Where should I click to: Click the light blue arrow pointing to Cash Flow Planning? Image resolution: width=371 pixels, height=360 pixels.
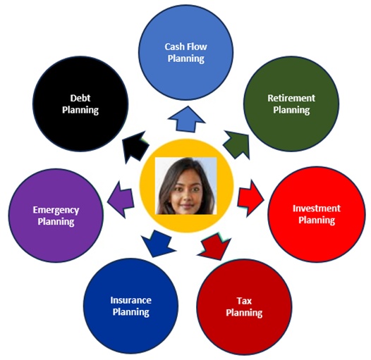pyautogui.click(x=186, y=120)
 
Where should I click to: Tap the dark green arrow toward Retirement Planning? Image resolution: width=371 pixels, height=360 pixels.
pyautogui.click(x=237, y=144)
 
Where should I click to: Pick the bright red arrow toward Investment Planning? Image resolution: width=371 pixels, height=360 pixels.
pyautogui.click(x=251, y=199)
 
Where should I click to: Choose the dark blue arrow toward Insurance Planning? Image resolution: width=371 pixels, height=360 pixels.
pyautogui.click(x=157, y=244)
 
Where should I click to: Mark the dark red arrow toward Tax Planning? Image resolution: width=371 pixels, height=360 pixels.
pyautogui.click(x=214, y=247)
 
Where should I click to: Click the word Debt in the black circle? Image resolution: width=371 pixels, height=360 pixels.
pyautogui.click(x=80, y=98)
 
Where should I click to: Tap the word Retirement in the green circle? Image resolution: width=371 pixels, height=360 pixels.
pyautogui.click(x=291, y=98)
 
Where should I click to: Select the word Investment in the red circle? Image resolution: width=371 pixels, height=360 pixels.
pyautogui.click(x=317, y=209)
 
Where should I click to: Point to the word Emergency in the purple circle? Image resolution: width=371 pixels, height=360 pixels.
pyautogui.click(x=56, y=210)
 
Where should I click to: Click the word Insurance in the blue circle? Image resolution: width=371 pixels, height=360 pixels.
pyautogui.click(x=131, y=300)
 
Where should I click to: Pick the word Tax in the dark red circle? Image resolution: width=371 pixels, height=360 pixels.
pyautogui.click(x=244, y=301)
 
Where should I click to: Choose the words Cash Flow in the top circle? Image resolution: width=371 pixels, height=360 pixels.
pyautogui.click(x=186, y=46)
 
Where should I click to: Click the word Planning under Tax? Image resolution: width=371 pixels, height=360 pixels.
pyautogui.click(x=244, y=313)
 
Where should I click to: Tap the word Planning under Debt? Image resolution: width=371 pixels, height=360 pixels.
pyautogui.click(x=80, y=110)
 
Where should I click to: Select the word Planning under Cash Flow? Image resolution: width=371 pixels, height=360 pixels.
pyautogui.click(x=186, y=58)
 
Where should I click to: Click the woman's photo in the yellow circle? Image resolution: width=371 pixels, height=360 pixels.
pyautogui.click(x=185, y=186)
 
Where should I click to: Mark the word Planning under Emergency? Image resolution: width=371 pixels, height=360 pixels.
pyautogui.click(x=56, y=222)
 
